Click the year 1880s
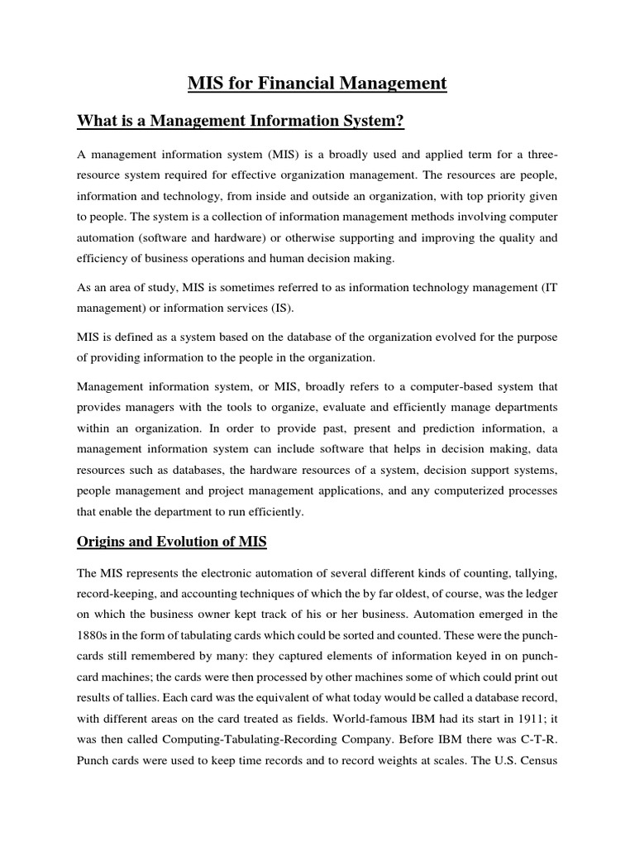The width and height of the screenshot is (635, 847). pyautogui.click(x=96, y=636)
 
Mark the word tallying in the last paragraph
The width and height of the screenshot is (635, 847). pyautogui.click(x=534, y=572)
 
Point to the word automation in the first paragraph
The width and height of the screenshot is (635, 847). pyautogui.click(x=110, y=237)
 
